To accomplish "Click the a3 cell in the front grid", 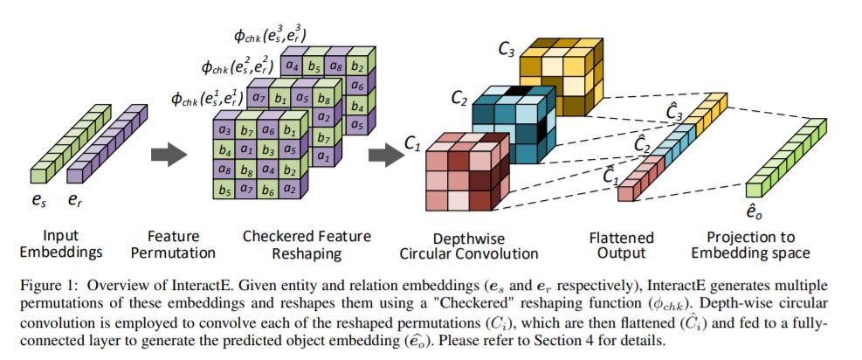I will pos(224,131).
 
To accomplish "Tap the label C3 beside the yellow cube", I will pos(507,49).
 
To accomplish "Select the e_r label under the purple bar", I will pos(77,199).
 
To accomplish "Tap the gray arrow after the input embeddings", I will pos(168,156).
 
